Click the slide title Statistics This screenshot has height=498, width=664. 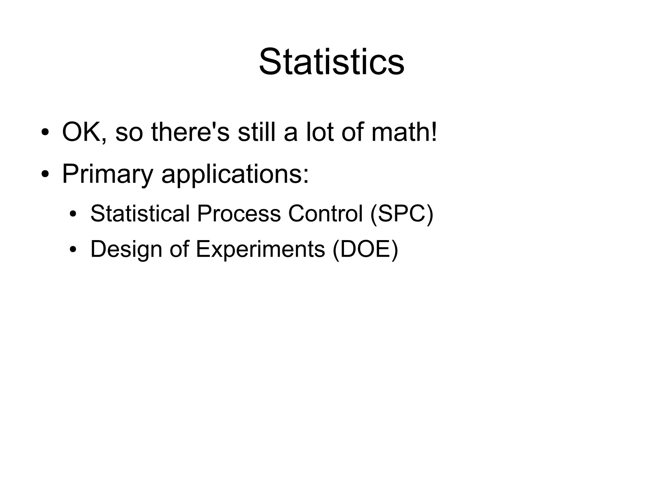pyautogui.click(x=331, y=62)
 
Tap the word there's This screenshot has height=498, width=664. pyautogui.click(x=190, y=132)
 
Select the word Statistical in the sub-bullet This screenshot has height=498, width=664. pyautogui.click(x=140, y=214)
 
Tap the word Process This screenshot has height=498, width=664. pyautogui.click(x=239, y=214)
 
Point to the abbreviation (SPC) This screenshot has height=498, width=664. pyautogui.click(x=401, y=214)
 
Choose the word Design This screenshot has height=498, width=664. pyautogui.click(x=126, y=249)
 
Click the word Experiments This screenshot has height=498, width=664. pyautogui.click(x=260, y=249)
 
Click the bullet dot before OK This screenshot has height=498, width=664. pyautogui.click(x=45, y=133)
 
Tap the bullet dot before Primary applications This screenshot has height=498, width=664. pyautogui.click(x=45, y=175)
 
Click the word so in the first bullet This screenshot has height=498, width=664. pyautogui.click(x=129, y=132)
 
